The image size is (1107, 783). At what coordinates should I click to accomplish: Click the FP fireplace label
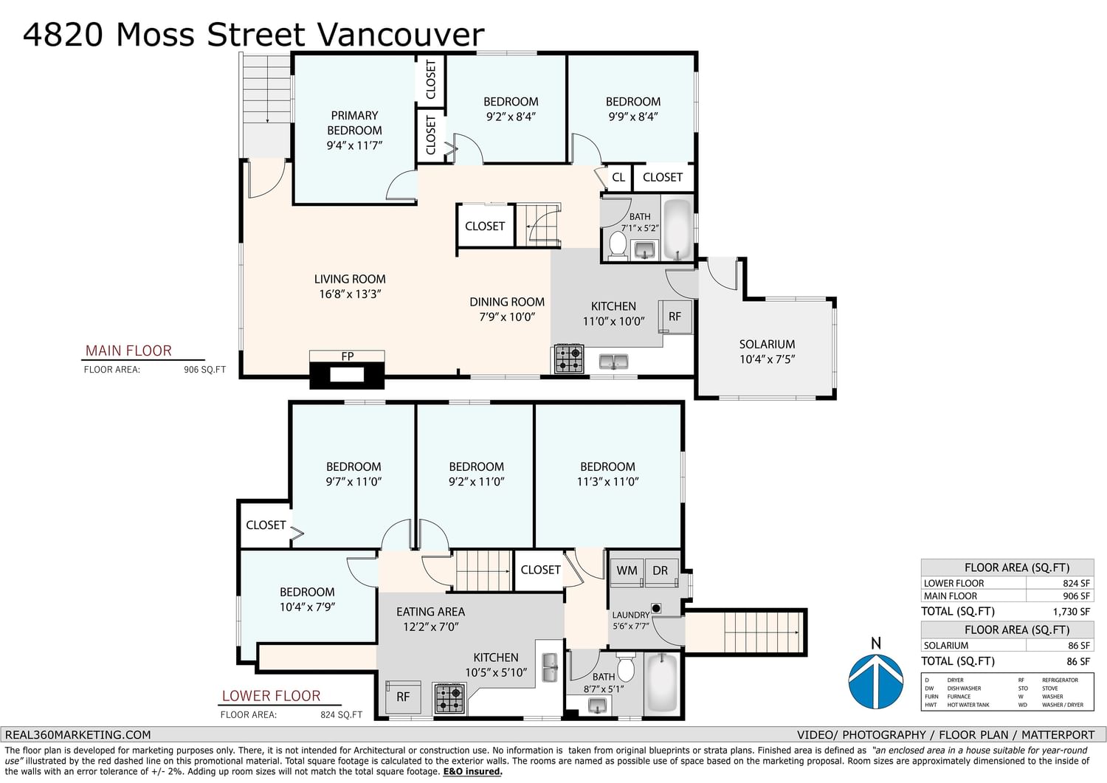click(x=348, y=356)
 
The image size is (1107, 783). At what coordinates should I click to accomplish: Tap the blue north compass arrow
click(x=876, y=681)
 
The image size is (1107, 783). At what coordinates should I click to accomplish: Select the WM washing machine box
click(x=627, y=572)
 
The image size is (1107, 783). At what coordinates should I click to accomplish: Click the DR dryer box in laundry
click(x=661, y=572)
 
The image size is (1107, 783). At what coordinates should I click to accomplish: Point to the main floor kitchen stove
click(x=569, y=359)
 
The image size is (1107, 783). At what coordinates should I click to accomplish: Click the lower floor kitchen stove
click(x=449, y=698)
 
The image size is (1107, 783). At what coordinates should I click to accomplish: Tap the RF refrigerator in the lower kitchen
click(x=403, y=697)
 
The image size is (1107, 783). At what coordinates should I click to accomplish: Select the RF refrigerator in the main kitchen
click(x=675, y=317)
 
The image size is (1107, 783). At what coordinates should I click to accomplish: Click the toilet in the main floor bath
click(x=618, y=245)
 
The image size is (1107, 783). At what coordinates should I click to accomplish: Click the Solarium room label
click(x=767, y=344)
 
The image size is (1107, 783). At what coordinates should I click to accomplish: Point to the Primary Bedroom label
click(x=354, y=123)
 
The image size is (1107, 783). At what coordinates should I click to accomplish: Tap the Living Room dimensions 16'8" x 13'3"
click(x=350, y=294)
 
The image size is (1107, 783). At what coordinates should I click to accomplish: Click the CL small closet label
click(x=618, y=177)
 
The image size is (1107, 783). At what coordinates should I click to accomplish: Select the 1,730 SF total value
click(x=1072, y=612)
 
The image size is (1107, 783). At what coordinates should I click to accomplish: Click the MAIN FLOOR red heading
click(x=128, y=351)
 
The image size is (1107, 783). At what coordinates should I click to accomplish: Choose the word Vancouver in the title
click(x=400, y=35)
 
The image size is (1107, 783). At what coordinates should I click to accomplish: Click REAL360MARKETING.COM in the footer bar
click(x=78, y=734)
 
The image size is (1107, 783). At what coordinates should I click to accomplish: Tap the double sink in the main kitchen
click(x=613, y=362)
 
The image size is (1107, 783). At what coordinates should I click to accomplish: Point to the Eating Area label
click(x=430, y=612)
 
